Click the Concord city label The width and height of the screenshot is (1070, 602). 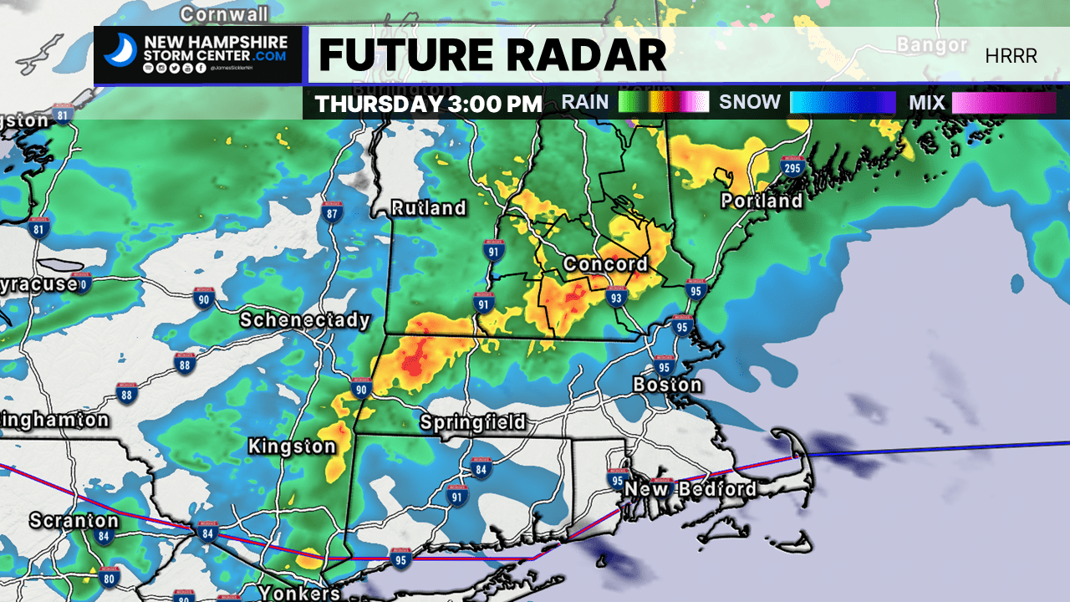[605, 264]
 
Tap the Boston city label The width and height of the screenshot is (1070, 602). [667, 385]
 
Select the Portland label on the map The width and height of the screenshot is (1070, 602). [762, 201]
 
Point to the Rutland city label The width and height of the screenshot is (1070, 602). [429, 207]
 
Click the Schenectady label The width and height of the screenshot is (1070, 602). [304, 320]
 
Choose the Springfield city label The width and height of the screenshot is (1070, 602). [472, 422]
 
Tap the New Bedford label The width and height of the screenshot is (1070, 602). [690, 488]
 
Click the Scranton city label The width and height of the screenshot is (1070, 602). [74, 520]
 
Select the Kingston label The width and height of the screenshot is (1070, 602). [292, 447]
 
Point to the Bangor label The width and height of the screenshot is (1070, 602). [931, 45]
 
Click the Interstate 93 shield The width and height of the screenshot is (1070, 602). [616, 296]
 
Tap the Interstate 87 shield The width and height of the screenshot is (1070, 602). [333, 213]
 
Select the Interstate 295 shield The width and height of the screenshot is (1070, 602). [792, 168]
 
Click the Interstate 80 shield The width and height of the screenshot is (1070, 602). [109, 576]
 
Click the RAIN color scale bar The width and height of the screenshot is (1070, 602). [664, 102]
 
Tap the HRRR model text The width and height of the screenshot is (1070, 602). [1011, 56]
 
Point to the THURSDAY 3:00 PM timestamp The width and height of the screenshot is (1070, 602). [429, 104]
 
